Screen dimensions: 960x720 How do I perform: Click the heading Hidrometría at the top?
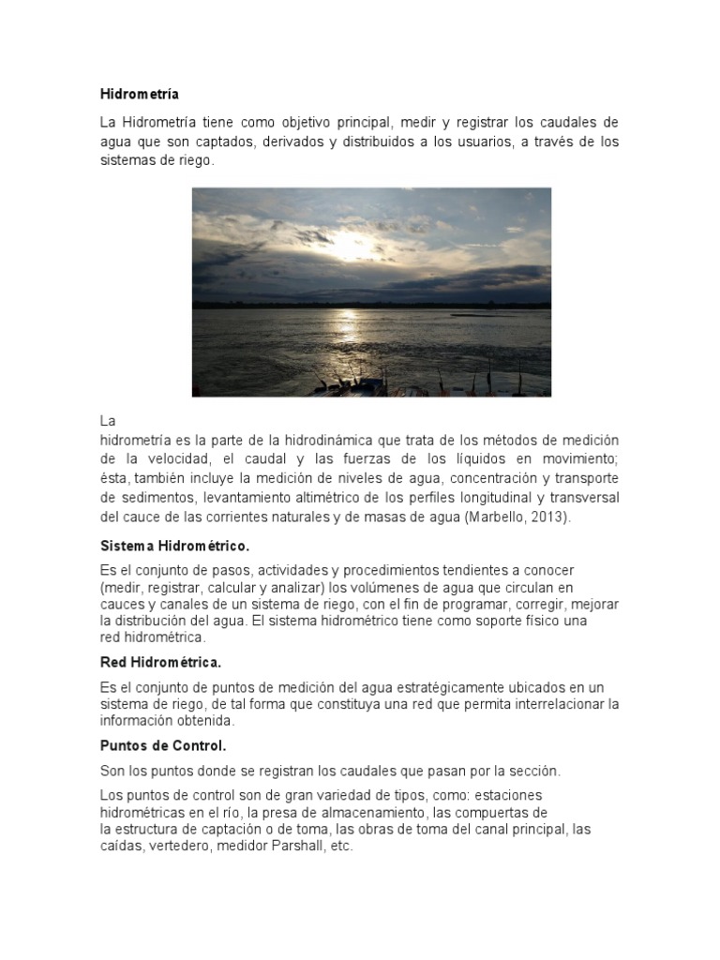pos(139,94)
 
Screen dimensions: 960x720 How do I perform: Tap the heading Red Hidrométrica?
pos(160,663)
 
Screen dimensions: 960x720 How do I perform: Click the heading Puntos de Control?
pos(163,745)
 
